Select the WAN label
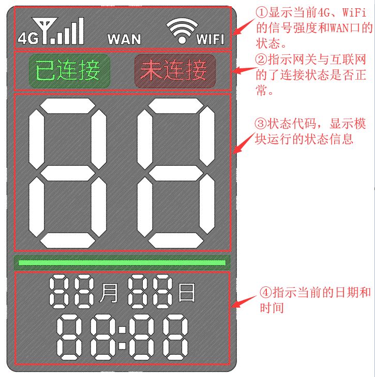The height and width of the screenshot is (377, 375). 124,39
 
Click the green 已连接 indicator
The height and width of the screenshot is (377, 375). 70,71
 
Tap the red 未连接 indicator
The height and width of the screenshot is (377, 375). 175,71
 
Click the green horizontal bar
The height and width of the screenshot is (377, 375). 122,262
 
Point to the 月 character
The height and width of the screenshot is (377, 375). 109,293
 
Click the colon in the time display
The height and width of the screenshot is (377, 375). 123,337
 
